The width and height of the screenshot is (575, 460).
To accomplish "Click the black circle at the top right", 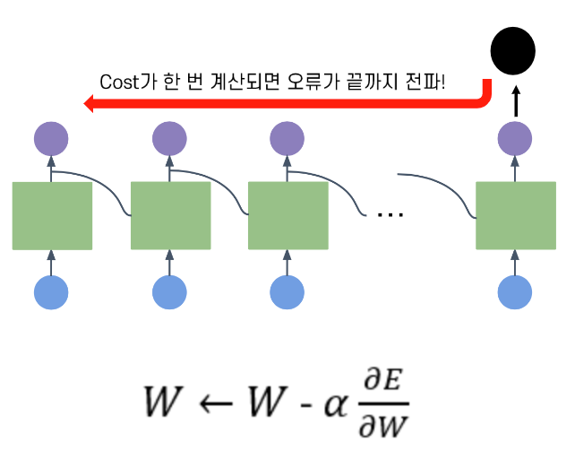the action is pyautogui.click(x=512, y=50).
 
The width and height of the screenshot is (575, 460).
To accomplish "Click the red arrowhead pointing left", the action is pyautogui.click(x=89, y=103).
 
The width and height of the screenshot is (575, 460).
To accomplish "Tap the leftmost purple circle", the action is pyautogui.click(x=51, y=139).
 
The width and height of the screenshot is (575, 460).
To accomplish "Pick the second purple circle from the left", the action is pyautogui.click(x=169, y=139).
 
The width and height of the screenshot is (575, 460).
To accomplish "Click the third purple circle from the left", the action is pyautogui.click(x=287, y=139).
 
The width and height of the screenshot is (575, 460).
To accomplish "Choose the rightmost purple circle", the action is pyautogui.click(x=515, y=139).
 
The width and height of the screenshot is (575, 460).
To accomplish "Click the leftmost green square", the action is pyautogui.click(x=52, y=216).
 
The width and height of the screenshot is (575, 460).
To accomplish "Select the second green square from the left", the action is pyautogui.click(x=171, y=216).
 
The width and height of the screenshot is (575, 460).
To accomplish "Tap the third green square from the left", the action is pyautogui.click(x=288, y=216).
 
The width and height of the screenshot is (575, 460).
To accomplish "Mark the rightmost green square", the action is pyautogui.click(x=516, y=216).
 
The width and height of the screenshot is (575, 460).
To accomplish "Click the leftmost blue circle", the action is pyautogui.click(x=51, y=292).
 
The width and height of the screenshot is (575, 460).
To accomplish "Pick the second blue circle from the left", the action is pyautogui.click(x=169, y=292).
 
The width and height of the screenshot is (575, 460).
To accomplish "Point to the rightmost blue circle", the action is pyautogui.click(x=515, y=292).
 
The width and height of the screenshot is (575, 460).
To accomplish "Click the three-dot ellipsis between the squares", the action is pyautogui.click(x=390, y=214).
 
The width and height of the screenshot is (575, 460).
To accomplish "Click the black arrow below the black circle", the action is pyautogui.click(x=516, y=101).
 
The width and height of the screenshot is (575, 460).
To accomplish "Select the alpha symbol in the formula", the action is pyautogui.click(x=336, y=405).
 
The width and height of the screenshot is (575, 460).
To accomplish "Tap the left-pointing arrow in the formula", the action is pyautogui.click(x=216, y=404).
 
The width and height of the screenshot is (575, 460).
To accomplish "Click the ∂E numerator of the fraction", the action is pyautogui.click(x=383, y=379).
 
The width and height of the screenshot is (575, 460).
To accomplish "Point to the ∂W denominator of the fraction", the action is pyautogui.click(x=383, y=426).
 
